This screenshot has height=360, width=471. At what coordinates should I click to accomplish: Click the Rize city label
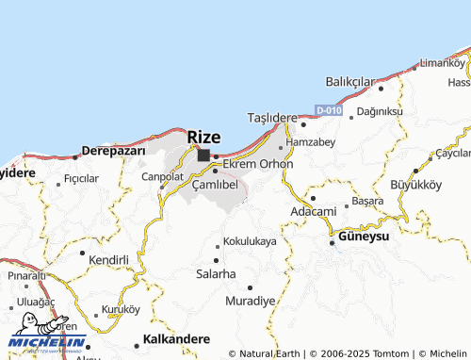(x=203, y=137)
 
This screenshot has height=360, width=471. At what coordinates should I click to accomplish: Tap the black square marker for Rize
(x=203, y=155)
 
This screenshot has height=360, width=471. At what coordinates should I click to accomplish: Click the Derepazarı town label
(x=113, y=151)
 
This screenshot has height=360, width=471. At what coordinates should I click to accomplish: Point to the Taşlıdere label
(x=271, y=118)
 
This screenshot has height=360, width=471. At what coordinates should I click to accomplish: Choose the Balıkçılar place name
(x=350, y=82)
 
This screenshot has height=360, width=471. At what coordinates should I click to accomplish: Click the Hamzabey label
(x=309, y=142)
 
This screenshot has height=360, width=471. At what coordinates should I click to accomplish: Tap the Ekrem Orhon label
(x=258, y=164)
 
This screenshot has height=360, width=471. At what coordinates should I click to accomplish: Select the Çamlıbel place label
(x=214, y=185)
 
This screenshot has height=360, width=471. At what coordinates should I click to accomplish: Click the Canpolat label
(x=162, y=176)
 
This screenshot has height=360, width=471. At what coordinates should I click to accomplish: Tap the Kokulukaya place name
(x=251, y=241)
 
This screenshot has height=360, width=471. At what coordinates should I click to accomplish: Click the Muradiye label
(x=251, y=301)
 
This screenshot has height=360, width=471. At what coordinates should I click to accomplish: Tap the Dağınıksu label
(x=382, y=111)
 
